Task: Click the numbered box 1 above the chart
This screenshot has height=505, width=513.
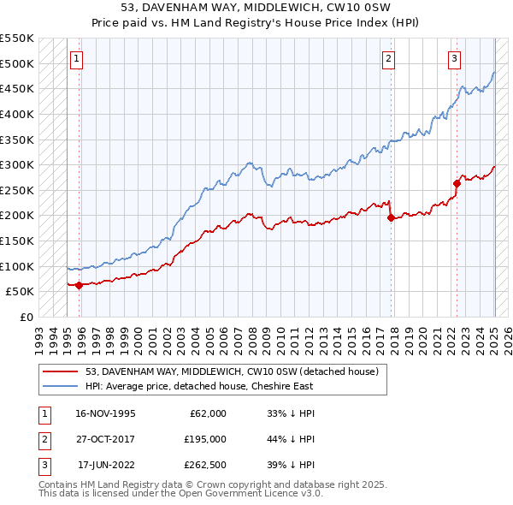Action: coord(77,59)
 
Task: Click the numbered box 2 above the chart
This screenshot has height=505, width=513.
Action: coord(388,59)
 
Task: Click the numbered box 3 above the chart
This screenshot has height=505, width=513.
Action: coord(454,59)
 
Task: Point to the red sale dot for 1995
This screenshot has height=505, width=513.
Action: coord(80,285)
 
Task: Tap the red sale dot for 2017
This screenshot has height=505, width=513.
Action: coord(391,218)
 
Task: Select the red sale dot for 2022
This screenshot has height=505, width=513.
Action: coord(457,183)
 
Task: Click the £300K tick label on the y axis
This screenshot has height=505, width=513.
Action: coord(17,164)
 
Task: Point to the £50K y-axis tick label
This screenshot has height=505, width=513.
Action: coord(21,291)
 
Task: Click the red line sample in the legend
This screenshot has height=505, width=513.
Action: coord(61,371)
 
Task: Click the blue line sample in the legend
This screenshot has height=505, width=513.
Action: coord(61,386)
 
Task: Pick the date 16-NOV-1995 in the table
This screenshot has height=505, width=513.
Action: coord(105,413)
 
